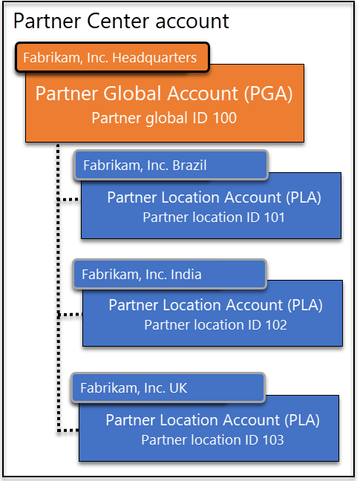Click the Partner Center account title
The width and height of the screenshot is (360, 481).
pos(121,22)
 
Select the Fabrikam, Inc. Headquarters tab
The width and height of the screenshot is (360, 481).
pos(112,57)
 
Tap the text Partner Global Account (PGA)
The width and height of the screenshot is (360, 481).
pos(164,94)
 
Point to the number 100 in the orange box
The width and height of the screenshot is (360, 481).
pos(225,118)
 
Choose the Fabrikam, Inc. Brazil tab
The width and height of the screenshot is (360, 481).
pos(171,165)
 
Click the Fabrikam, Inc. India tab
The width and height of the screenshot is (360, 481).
pos(169,274)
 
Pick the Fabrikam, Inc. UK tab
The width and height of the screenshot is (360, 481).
pos(168,387)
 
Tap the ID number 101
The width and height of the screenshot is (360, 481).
pos(274,217)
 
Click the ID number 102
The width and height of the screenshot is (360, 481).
pos(276,325)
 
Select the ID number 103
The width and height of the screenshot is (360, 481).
pos(273,440)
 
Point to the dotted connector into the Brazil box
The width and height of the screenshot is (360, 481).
pos(69,200)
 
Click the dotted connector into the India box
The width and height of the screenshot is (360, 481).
pos(70,315)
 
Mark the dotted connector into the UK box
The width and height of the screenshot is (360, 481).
pos(68,431)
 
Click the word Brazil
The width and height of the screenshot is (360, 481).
pos(189,166)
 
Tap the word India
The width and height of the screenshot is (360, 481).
pos(186,274)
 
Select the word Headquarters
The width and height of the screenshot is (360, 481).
pos(154,58)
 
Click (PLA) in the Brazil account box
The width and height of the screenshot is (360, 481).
pos(304,197)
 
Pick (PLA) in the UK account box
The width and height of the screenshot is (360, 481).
pos(302,420)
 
